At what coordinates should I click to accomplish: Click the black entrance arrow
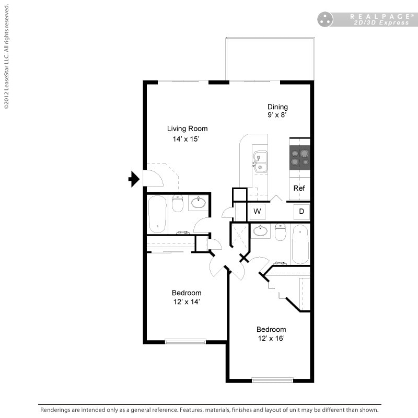(134, 179)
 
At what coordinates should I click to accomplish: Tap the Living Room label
(187, 129)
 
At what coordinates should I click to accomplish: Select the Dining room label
(277, 107)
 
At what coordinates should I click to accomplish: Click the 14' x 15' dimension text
(187, 139)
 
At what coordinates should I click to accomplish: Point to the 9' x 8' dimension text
(277, 115)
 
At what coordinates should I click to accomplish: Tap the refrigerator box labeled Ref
(299, 188)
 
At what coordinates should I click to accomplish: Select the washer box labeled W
(257, 212)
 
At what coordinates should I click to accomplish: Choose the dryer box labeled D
(301, 212)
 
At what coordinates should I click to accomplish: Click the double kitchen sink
(260, 161)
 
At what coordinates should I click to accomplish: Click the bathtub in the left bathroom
(157, 214)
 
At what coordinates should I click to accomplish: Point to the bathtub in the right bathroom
(300, 244)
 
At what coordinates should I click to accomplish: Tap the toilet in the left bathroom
(178, 203)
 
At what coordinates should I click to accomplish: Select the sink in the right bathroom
(260, 230)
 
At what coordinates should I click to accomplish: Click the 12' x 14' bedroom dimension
(187, 301)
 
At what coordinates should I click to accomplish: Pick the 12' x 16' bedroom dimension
(271, 338)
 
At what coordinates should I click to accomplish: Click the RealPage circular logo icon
(325, 19)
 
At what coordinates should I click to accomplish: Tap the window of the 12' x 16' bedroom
(272, 380)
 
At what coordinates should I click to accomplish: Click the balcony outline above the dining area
(270, 59)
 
